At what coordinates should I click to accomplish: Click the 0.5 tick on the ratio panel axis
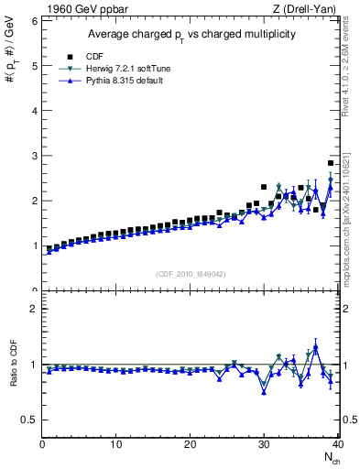click(27, 420)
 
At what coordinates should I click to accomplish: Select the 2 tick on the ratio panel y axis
click(32, 309)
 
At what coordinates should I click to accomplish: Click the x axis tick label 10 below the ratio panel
click(115, 444)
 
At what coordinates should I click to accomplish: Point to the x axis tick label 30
click(264, 444)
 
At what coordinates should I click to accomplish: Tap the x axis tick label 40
click(337, 444)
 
